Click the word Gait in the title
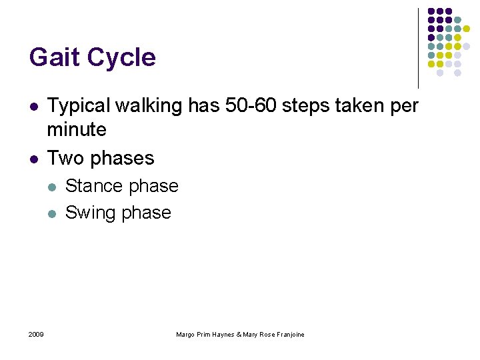coord(55,57)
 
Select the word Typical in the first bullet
coord(79,106)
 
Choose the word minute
coord(77,129)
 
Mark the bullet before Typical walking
coord(33,107)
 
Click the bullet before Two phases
coord(33,159)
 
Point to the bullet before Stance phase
coord(53,187)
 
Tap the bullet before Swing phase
coord(53,213)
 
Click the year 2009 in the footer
coord(36,334)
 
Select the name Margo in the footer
coord(185,335)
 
